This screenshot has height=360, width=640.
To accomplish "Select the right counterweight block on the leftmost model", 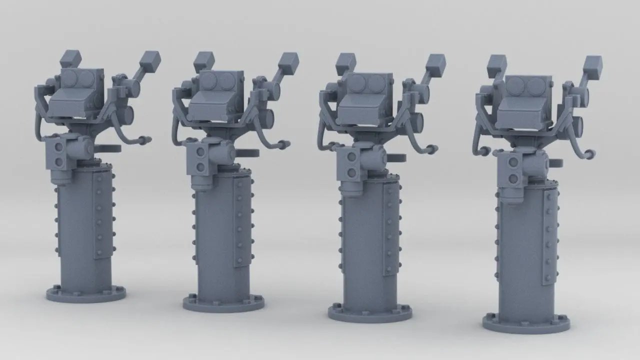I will pyautogui.click(x=150, y=61).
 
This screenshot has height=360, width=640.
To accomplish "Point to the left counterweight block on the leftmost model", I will pyautogui.click(x=70, y=58).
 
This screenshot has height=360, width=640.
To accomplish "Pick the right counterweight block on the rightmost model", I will pyautogui.click(x=593, y=65).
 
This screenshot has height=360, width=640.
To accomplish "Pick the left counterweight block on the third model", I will pyautogui.click(x=345, y=62).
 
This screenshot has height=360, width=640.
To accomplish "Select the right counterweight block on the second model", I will pyautogui.click(x=288, y=62).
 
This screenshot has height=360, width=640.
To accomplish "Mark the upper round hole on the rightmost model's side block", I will pyautogui.click(x=513, y=161).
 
